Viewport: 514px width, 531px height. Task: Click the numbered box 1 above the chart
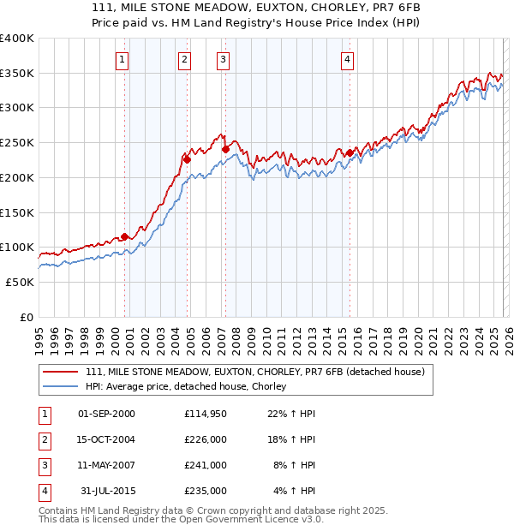pyautogui.click(x=123, y=59)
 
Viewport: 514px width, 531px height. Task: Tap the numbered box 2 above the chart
pyautogui.click(x=184, y=59)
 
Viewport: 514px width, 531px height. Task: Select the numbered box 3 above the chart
pyautogui.click(x=223, y=59)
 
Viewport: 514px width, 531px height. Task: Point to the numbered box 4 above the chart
pyautogui.click(x=347, y=59)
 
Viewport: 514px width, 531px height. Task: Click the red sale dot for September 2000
pyautogui.click(x=125, y=236)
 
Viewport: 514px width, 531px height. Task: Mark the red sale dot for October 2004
pyautogui.click(x=187, y=158)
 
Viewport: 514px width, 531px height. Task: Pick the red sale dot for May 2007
pyautogui.click(x=225, y=148)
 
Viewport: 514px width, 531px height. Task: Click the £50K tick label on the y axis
pyautogui.click(x=20, y=282)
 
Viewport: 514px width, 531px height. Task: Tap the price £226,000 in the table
pyautogui.click(x=206, y=439)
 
